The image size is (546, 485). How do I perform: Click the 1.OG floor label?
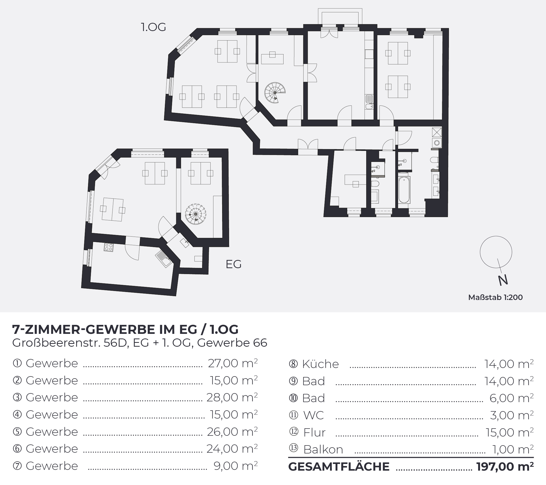pos(153,27)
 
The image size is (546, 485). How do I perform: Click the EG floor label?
pos(233,264)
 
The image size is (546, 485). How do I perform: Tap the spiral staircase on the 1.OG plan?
pos(275,93)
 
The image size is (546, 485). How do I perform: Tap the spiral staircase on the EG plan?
pos(196,214)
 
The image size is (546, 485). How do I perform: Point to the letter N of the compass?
pos(503,280)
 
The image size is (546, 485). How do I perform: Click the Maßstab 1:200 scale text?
pos(495,297)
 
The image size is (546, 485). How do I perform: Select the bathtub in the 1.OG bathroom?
pos(404,190)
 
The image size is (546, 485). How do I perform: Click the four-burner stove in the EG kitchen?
pos(109,247)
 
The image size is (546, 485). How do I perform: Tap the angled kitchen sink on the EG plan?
pos(164,259)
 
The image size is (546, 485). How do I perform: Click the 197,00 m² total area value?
pos(505,466)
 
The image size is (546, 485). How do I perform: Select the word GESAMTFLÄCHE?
pos(339,467)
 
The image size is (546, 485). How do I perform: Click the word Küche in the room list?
pos(320,364)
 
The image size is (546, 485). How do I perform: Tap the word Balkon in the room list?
pos(323,450)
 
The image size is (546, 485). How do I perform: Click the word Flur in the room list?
pos(314,432)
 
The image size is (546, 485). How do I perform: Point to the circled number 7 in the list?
pos(17,466)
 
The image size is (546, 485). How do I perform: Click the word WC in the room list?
pos(313,415)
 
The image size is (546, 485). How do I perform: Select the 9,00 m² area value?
pos(236,466)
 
